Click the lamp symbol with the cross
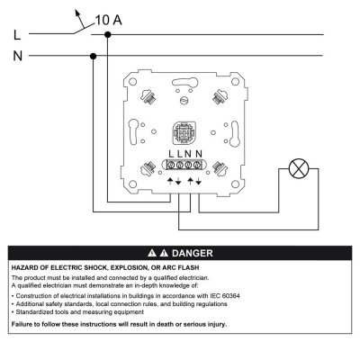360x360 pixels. [299, 168]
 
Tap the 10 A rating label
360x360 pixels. [108, 20]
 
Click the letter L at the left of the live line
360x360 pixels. [17, 35]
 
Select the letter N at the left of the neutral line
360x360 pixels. [18, 56]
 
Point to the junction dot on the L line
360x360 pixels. [108, 35]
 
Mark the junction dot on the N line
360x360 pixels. [93, 56]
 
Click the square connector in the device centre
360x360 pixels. [184, 133]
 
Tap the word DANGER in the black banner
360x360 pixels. [193, 253]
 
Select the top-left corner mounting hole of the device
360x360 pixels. [132, 82]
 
